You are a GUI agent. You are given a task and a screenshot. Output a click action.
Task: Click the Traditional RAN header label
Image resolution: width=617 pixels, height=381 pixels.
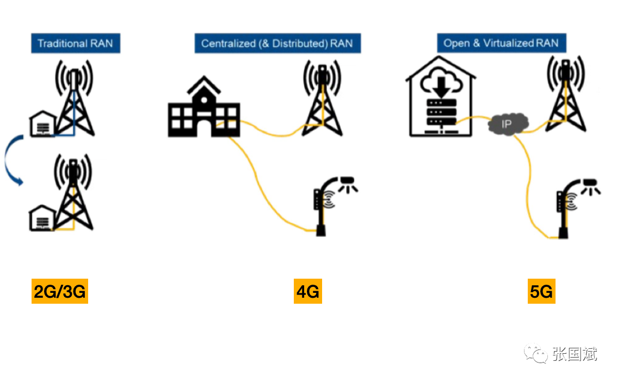tap(75, 44)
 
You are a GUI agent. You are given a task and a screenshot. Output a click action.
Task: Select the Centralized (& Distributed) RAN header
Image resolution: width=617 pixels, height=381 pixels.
tap(277, 44)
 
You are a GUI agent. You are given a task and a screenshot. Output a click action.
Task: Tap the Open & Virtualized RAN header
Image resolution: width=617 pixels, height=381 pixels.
tap(501, 43)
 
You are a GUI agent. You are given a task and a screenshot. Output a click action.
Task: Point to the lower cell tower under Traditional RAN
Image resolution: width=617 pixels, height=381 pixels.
tap(74, 193)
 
